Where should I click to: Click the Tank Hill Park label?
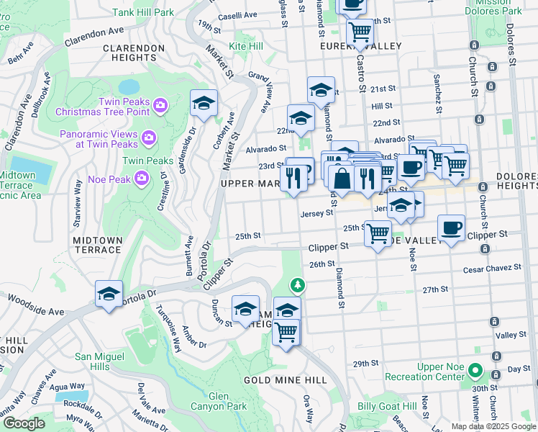click(144, 12)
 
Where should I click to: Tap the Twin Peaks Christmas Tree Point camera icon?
click(160, 106)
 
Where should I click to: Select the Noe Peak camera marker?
click(142, 176)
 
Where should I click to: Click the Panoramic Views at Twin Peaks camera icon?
click(148, 136)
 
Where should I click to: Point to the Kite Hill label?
click(246, 46)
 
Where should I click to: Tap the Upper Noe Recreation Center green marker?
click(474, 372)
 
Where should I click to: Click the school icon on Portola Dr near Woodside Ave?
click(109, 294)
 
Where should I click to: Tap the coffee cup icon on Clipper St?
click(451, 228)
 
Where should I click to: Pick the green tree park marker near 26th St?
click(297, 286)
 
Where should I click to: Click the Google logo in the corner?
click(24, 423)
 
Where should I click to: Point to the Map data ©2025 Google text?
click(493, 426)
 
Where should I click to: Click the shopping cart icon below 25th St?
click(378, 233)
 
